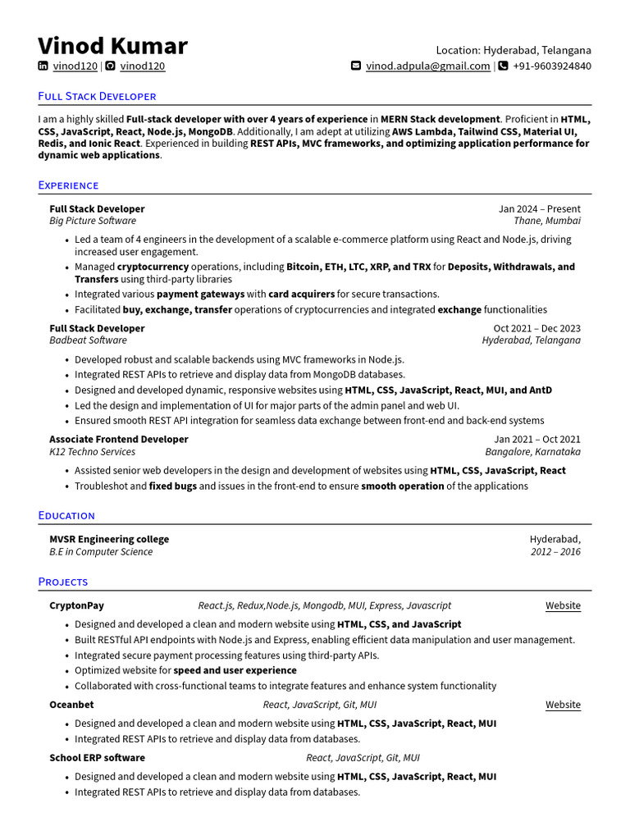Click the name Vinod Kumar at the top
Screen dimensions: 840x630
(112, 46)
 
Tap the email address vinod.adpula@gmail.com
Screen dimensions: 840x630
(427, 66)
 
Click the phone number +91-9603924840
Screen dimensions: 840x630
(551, 66)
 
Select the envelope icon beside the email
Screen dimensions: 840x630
(356, 66)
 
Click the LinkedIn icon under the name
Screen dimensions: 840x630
(43, 66)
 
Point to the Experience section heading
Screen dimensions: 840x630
(68, 185)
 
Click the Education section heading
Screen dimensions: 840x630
(66, 516)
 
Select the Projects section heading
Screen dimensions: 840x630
(63, 582)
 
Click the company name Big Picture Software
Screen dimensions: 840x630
(93, 221)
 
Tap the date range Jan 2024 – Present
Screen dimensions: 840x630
(539, 209)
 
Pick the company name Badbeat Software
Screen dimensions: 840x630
(88, 340)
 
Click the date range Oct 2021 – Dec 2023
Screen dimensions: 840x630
(536, 328)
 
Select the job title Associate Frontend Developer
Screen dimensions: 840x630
(119, 440)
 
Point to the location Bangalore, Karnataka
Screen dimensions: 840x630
(532, 452)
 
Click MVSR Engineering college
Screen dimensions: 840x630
(109, 540)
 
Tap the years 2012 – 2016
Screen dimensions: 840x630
(555, 552)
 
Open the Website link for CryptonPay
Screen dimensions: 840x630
(563, 606)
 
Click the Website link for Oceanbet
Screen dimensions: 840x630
(563, 705)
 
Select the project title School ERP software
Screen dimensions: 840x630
(97, 758)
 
